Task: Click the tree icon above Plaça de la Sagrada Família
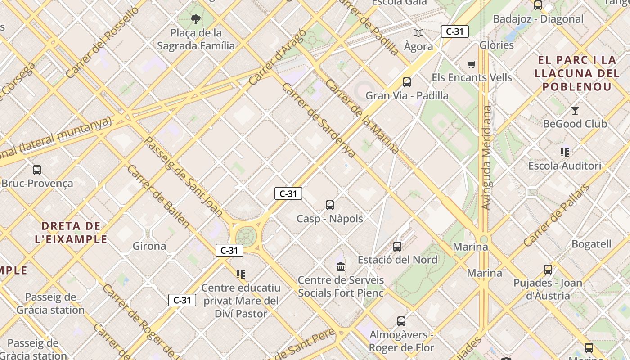click(x=195, y=19)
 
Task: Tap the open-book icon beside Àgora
click(x=418, y=33)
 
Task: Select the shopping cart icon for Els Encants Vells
click(x=471, y=65)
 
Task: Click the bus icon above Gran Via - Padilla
click(x=407, y=82)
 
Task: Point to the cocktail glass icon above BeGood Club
click(x=575, y=110)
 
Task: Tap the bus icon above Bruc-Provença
click(x=37, y=170)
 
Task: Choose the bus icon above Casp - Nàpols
click(x=330, y=205)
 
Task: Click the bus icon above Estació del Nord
click(x=397, y=247)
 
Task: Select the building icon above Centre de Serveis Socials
click(x=341, y=266)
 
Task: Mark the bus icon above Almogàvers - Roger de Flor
click(x=401, y=321)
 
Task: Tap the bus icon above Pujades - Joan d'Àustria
click(x=548, y=270)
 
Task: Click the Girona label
click(x=149, y=246)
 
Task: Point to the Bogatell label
click(x=591, y=244)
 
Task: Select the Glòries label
click(x=497, y=45)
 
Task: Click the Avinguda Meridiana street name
click(x=486, y=157)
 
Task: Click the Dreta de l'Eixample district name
click(x=71, y=232)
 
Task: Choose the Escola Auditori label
click(x=565, y=166)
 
